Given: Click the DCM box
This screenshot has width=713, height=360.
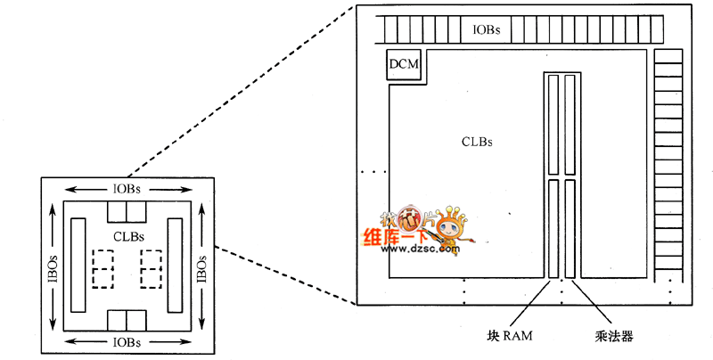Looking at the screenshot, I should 405,65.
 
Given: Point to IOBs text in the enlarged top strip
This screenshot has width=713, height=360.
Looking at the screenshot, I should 487,29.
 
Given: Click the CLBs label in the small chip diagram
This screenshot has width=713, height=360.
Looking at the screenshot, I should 130,235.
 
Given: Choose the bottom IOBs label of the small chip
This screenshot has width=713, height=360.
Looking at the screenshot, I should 126,341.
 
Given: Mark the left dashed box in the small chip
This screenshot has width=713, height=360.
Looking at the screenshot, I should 102,268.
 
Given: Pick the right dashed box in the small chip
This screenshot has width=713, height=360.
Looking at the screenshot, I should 151,268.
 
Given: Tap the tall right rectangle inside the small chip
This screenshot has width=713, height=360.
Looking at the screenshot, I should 175,265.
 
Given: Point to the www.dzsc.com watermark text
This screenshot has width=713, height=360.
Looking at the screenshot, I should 422,249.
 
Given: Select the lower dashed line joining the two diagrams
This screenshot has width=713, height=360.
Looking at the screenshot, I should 285,274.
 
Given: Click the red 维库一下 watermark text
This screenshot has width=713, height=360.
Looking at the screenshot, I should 396,237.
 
